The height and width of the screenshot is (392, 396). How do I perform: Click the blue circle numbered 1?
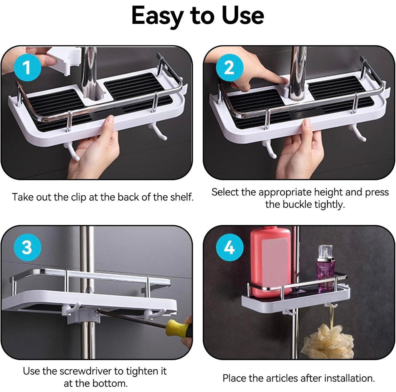coord(27,68)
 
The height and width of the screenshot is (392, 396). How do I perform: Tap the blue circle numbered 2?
coord(229,68)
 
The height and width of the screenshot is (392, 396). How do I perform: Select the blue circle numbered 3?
coord(27,248)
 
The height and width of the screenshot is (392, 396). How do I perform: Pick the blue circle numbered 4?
coord(229,248)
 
